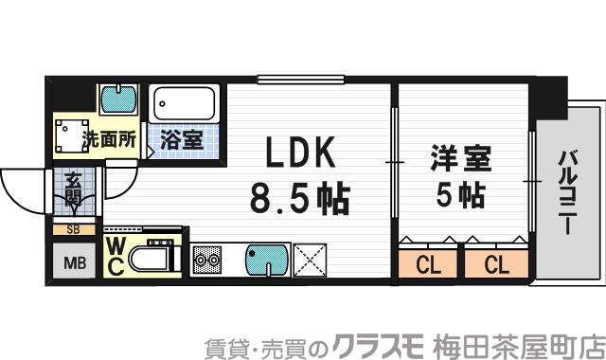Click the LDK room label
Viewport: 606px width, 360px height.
click(298, 154)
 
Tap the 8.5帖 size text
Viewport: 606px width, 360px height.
click(299, 198)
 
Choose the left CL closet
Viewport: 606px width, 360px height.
click(429, 264)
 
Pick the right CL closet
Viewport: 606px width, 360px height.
click(496, 264)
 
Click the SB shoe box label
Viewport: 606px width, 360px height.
click(73, 229)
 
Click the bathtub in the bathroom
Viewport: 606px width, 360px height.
click(186, 101)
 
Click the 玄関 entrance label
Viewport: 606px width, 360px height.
click(73, 189)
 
